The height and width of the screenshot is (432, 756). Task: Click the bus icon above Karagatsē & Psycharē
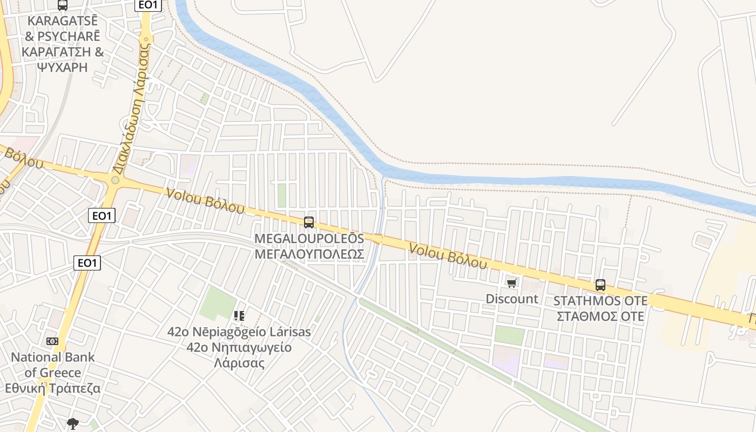[x=63, y=5]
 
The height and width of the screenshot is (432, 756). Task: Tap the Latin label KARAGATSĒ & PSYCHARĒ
[x=63, y=29]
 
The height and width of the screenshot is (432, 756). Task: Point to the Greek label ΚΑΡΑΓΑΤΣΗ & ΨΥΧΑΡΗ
[x=63, y=59]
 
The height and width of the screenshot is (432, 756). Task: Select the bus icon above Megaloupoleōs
[x=309, y=222]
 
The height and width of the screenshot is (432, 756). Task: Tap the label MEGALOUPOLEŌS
[x=309, y=238]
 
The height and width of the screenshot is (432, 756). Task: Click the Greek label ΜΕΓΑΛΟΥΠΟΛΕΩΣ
[x=309, y=253]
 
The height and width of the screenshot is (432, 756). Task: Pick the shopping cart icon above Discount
[x=511, y=283]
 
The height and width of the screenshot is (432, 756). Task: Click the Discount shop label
[x=511, y=299]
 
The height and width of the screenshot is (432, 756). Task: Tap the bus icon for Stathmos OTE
[x=600, y=285]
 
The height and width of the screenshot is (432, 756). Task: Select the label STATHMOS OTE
[x=600, y=300]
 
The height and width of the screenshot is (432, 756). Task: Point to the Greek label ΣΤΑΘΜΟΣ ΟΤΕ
[x=600, y=316]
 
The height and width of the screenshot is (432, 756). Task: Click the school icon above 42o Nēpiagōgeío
[x=239, y=315]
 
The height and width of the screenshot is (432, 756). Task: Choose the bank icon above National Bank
[x=52, y=341]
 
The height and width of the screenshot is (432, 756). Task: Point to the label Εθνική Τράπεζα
[x=53, y=388]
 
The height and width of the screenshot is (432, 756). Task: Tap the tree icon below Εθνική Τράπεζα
[x=73, y=423]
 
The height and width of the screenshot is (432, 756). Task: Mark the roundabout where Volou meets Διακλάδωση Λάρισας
[x=115, y=180]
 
